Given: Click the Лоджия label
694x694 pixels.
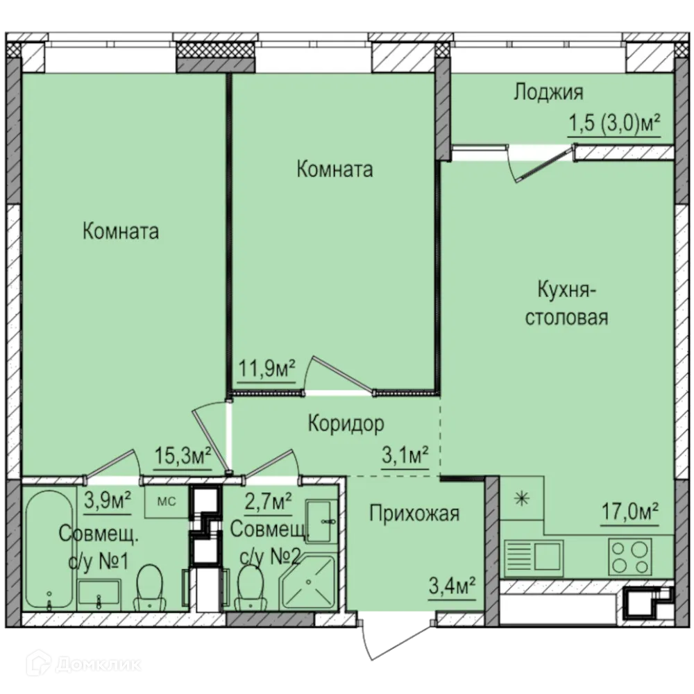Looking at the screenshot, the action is pos(548,92).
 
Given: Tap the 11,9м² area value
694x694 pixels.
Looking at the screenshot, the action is pos(267,368).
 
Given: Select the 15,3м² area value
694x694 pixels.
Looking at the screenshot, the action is pos(183,455).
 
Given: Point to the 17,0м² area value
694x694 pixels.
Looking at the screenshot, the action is pos(630,511).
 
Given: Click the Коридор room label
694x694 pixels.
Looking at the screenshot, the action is pos(346,423).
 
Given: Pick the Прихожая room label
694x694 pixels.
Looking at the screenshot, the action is pos(414,514).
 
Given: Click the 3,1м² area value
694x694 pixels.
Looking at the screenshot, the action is pos(405,455).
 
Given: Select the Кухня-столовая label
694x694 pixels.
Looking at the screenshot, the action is pos(566,304).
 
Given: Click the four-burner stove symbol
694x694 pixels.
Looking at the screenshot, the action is pos(630,557).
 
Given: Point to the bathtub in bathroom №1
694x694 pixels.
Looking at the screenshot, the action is pos(49,550).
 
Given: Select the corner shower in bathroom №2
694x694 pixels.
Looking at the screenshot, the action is pos(309,582).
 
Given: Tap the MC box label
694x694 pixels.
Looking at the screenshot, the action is pos(167,502).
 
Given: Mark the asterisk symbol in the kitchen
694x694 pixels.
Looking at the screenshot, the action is pos(522,499).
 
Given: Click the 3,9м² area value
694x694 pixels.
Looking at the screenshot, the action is pos(108,502).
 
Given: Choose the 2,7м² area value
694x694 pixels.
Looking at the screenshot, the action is pos(268,502).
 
